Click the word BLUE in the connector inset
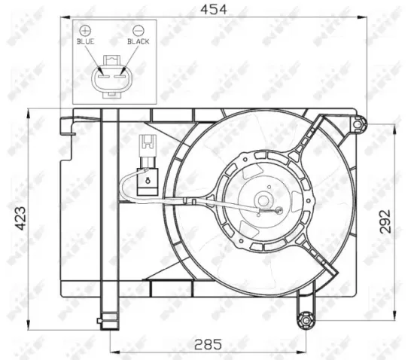(x=85, y=42)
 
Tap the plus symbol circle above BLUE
(x=84, y=29)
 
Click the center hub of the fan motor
(x=263, y=200)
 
